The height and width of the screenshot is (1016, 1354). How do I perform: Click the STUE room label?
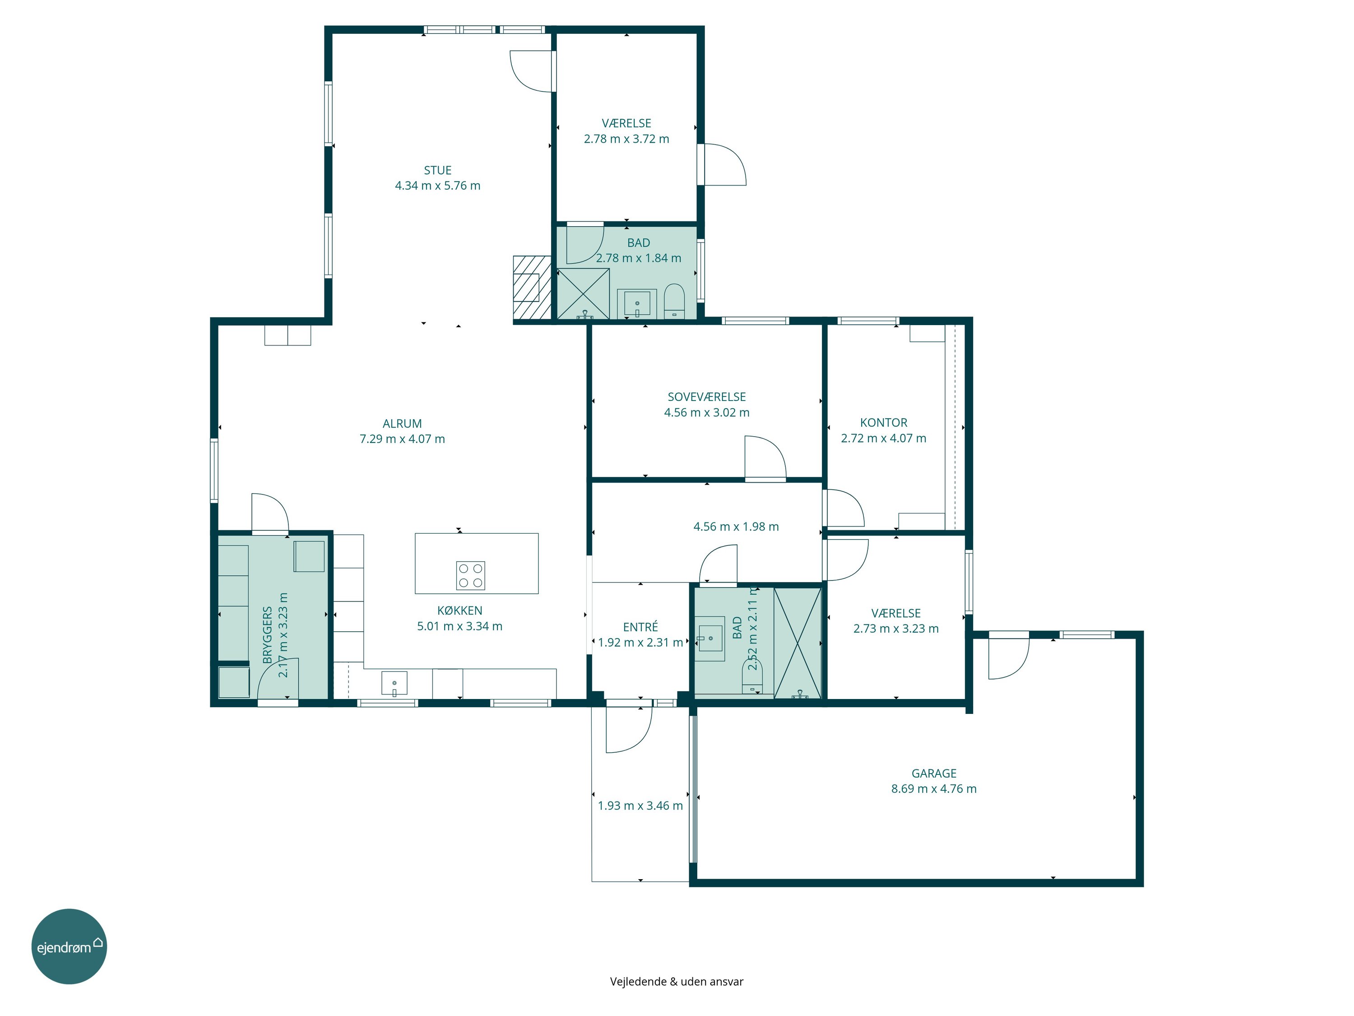[x=438, y=170]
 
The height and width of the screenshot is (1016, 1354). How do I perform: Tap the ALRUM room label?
[x=402, y=423]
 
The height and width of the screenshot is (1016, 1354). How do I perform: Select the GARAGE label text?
[x=933, y=774]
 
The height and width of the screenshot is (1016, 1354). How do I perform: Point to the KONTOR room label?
[x=883, y=423]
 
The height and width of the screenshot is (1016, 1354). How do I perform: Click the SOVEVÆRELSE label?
[x=706, y=397]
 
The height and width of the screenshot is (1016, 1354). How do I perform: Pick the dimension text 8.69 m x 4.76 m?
[x=933, y=789]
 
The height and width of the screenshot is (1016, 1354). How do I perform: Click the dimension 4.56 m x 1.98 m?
[x=736, y=527]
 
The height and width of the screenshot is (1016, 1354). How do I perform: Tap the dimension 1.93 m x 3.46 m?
[x=640, y=806]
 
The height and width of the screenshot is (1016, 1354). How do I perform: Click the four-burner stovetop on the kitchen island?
[x=471, y=576]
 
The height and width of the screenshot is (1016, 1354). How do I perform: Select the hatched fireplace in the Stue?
[x=532, y=287]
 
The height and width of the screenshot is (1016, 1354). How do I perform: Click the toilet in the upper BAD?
[x=674, y=301]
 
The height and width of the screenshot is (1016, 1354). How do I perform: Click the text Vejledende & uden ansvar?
[x=677, y=982]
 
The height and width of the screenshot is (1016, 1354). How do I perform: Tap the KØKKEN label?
[x=460, y=611]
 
